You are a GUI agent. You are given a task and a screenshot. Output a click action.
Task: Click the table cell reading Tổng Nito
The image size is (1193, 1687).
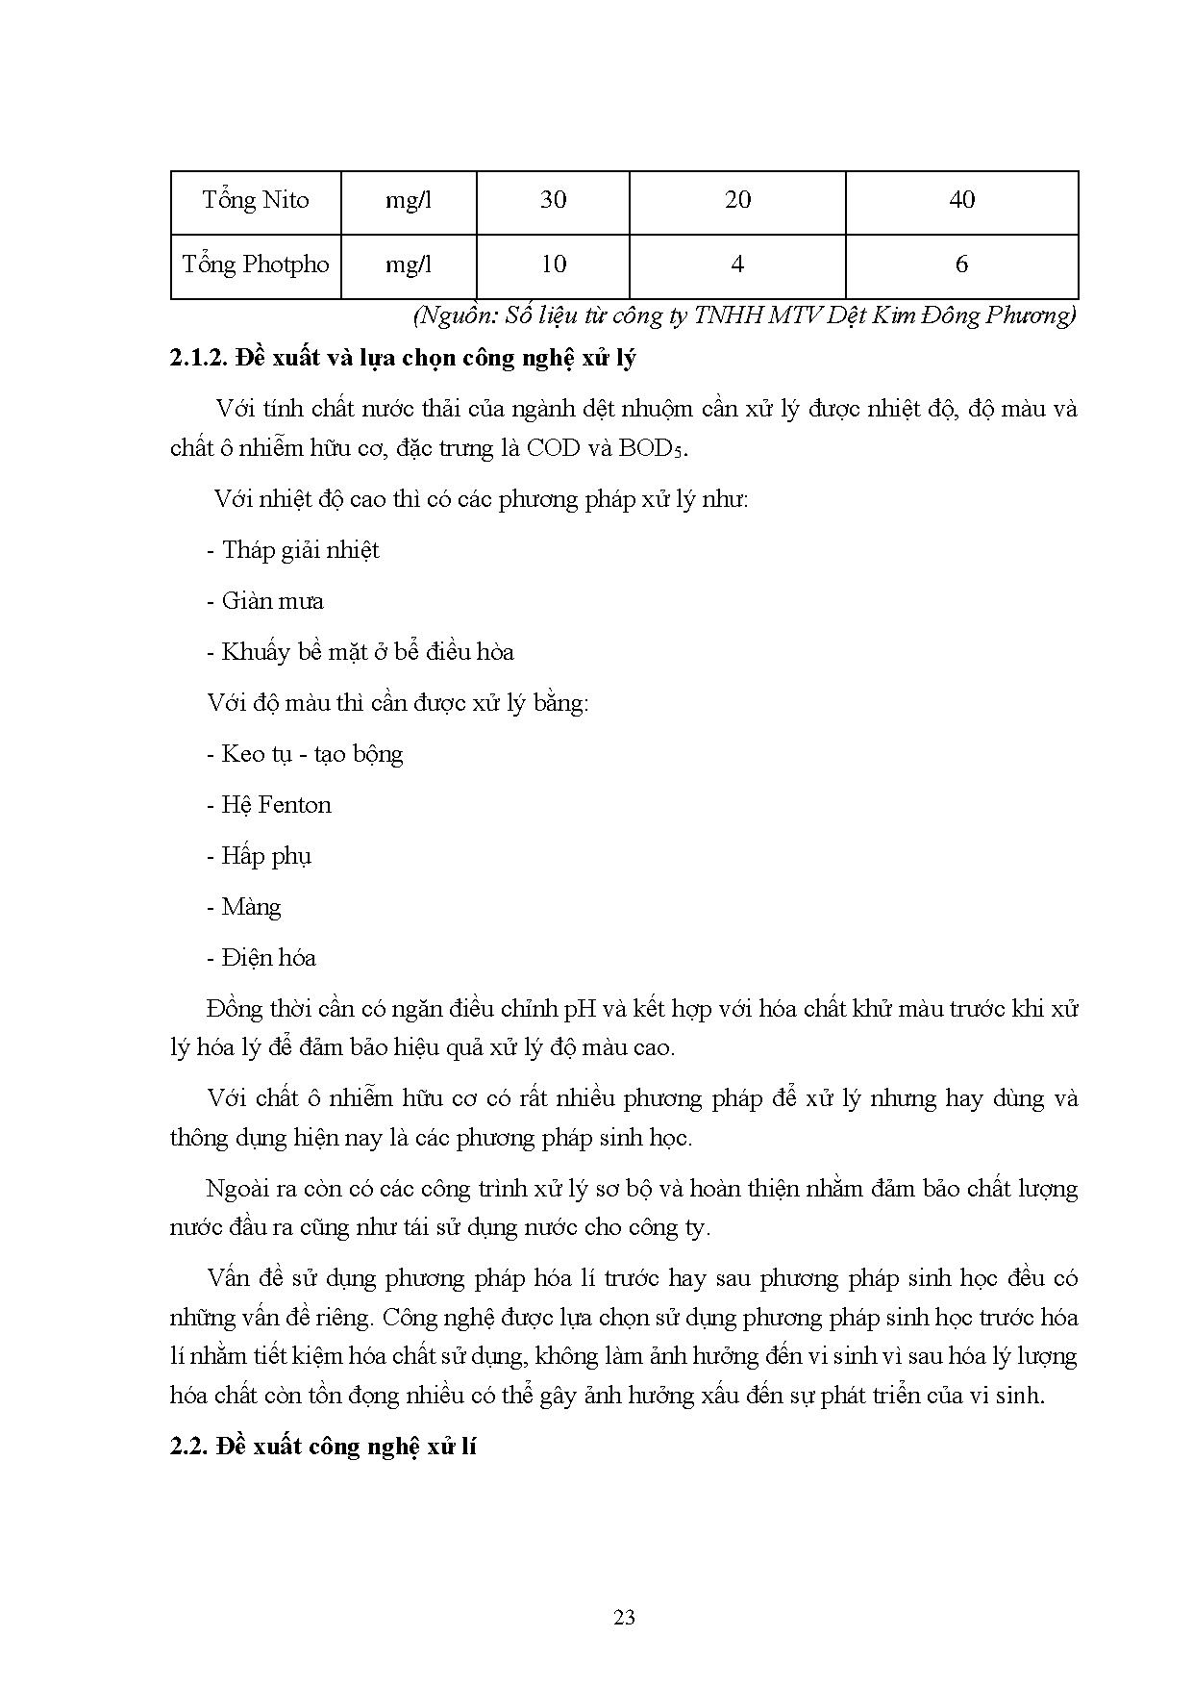256,200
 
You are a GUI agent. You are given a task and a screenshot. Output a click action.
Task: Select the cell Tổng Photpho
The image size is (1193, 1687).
256,264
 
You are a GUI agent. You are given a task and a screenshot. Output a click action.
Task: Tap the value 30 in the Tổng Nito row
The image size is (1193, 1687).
553,200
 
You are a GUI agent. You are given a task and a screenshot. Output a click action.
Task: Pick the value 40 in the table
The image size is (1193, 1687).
961,200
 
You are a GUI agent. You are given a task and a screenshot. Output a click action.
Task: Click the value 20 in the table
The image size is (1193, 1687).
737,200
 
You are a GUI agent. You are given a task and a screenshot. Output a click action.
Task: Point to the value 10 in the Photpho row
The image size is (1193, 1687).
553,264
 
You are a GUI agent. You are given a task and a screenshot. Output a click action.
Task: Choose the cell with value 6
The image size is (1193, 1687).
961,264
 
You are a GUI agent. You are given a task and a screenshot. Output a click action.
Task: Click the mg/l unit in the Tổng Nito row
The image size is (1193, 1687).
409,200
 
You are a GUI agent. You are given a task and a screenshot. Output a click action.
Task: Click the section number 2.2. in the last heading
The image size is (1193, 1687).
188,1447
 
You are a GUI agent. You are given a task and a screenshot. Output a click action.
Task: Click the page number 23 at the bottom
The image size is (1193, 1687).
624,1618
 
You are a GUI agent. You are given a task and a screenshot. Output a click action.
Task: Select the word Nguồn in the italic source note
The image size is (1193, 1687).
448,315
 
